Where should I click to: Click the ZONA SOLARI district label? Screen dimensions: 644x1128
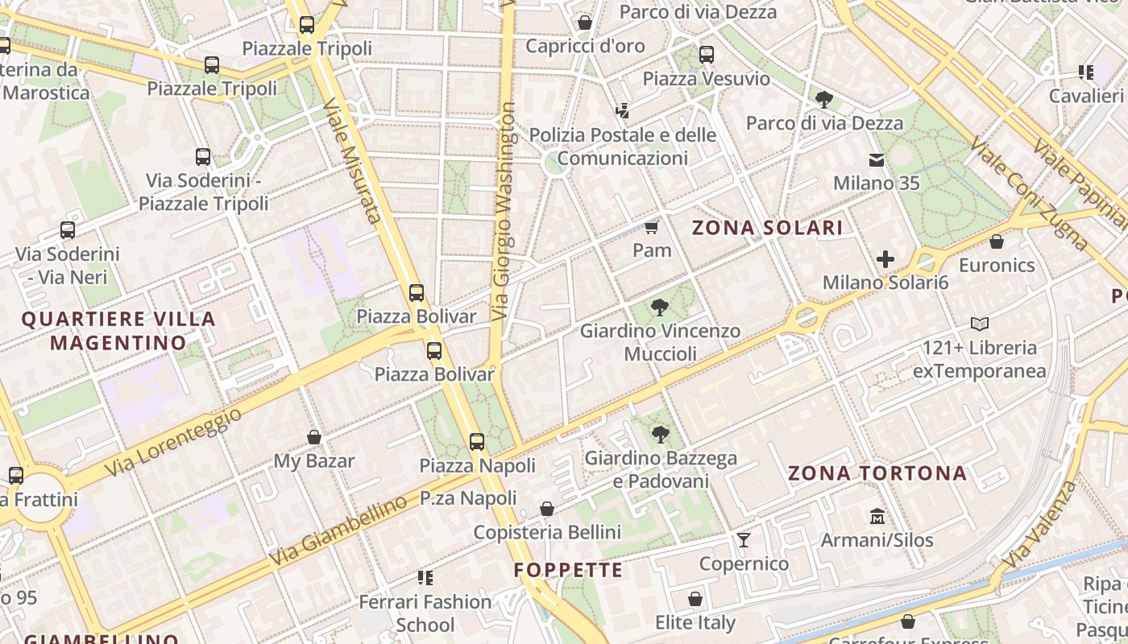(x=768, y=228)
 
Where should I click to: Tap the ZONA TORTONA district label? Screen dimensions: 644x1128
(x=877, y=473)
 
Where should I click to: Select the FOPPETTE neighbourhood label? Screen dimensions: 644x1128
(x=569, y=571)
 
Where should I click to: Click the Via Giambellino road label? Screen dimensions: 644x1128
(x=338, y=531)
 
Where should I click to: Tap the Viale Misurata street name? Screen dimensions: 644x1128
(x=351, y=160)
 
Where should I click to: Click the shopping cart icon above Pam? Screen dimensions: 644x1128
(x=652, y=227)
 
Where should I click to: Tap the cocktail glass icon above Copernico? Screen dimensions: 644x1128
(x=743, y=539)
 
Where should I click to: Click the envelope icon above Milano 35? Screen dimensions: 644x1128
(x=876, y=159)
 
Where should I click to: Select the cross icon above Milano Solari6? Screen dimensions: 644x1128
(x=885, y=259)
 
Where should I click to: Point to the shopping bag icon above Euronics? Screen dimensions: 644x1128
(x=997, y=242)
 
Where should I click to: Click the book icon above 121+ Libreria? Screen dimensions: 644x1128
(x=980, y=324)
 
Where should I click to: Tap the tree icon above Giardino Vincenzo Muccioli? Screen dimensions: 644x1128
(x=660, y=307)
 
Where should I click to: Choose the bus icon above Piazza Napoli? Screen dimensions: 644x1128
(x=477, y=441)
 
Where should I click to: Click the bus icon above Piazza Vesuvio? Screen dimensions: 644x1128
(x=707, y=55)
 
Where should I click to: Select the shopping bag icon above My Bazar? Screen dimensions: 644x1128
(x=314, y=437)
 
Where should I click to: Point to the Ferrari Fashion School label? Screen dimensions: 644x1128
(x=425, y=613)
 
